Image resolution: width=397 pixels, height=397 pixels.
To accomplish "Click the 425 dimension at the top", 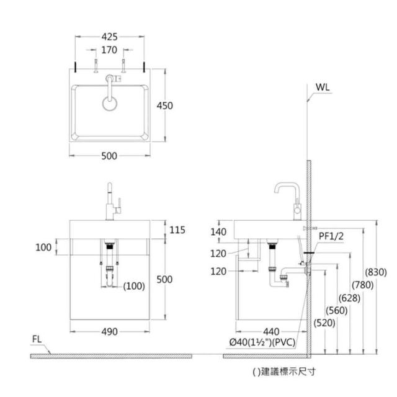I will [109, 37].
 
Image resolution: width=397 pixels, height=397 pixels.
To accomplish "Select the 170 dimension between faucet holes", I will [109, 50].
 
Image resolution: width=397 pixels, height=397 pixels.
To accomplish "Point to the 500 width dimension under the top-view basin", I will [109, 156].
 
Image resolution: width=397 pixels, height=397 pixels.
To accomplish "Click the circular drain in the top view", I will [109, 103].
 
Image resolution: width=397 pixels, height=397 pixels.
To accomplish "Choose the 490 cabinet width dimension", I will [109, 332].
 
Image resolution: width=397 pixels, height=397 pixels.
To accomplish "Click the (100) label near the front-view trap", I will [133, 286].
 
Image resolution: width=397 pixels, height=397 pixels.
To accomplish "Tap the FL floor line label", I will [38, 339].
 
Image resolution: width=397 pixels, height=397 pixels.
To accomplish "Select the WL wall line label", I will [323, 86].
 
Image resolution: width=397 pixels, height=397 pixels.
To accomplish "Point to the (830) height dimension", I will [375, 272].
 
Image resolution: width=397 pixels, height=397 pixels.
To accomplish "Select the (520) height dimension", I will [323, 323].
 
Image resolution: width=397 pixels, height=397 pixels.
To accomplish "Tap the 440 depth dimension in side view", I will [271, 332].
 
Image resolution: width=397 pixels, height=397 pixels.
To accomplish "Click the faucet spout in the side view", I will [287, 186].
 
